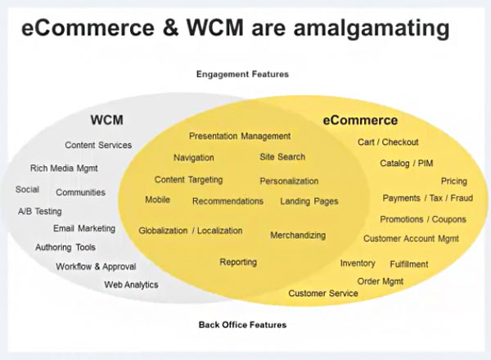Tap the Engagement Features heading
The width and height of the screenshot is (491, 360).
coord(242,74)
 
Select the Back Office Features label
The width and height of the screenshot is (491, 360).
coord(242,325)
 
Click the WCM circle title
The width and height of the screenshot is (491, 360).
coord(106,120)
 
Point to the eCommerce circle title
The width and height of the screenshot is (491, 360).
coord(360,120)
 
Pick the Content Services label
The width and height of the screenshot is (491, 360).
coord(98,146)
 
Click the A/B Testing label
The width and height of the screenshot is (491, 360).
coord(40,211)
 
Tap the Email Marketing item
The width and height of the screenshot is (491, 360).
coord(84,229)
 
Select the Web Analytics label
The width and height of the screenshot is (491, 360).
coord(131,285)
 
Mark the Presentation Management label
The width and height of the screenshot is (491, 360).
coord(240,136)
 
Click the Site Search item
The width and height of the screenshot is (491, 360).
coord(282,157)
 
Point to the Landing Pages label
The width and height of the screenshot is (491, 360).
coord(309,201)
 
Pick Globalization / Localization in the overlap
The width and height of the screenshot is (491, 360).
coord(191,231)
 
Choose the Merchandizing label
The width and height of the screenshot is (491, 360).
coord(298,236)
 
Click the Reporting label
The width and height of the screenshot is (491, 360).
coord(238,263)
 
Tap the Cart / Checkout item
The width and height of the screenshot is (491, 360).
coord(388,142)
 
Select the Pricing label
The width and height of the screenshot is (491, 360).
coord(454,182)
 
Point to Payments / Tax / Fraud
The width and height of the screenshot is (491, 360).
coord(427,199)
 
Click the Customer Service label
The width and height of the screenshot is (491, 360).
coord(323,293)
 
